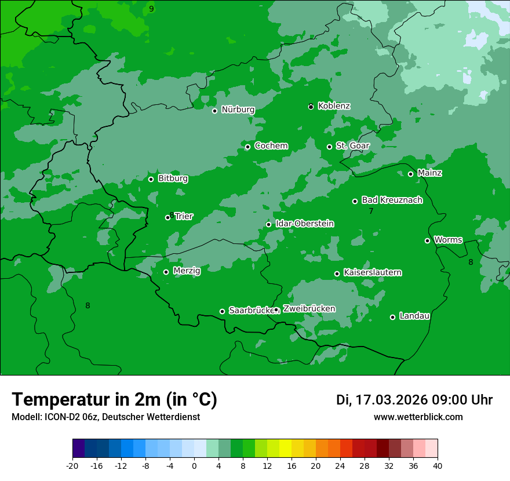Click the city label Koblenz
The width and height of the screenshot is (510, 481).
334,106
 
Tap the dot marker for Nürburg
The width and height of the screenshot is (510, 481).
214,111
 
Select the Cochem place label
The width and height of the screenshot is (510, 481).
271,146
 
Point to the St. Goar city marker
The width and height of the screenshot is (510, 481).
329,147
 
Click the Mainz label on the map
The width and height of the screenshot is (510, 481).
429,173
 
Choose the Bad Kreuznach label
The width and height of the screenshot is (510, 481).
392,200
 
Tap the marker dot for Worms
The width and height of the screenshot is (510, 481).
427,240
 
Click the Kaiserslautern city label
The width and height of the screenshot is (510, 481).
373,272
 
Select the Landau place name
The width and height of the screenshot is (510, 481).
414,316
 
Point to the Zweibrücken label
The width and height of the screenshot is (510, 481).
309,309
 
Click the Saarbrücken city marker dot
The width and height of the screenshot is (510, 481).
222,311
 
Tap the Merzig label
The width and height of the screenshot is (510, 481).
187,271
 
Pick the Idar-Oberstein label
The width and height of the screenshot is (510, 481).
304,224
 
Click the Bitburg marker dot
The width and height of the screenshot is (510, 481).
151,179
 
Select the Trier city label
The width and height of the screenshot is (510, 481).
184,217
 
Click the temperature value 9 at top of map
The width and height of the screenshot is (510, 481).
151,9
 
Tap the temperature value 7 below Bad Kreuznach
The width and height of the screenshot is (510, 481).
371,211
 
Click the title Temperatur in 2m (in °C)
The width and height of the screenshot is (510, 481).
114,399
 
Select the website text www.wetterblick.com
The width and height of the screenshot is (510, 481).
418,417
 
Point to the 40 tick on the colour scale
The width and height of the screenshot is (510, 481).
438,465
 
